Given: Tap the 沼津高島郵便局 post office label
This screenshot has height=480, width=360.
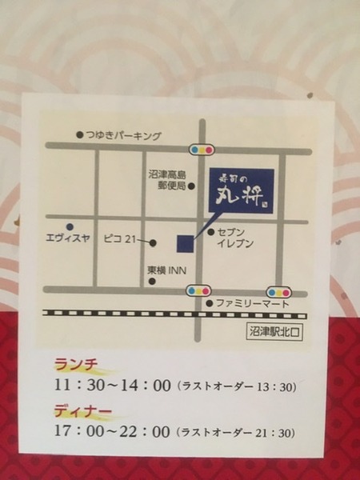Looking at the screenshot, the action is click(x=168, y=180).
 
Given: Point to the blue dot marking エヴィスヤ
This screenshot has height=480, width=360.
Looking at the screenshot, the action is click(x=70, y=226).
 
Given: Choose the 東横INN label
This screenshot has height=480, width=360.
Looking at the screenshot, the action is click(x=166, y=271).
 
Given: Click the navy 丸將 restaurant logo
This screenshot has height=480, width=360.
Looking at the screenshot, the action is click(x=241, y=190).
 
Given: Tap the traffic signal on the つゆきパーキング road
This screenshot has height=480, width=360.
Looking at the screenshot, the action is click(x=201, y=149).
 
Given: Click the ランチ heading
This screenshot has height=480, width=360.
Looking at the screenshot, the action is click(x=76, y=365).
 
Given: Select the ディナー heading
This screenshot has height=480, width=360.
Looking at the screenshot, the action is click(x=82, y=413).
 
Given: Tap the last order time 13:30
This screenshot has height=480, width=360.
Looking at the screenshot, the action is click(x=277, y=386).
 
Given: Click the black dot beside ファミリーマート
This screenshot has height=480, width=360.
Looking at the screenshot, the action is click(x=210, y=304).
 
